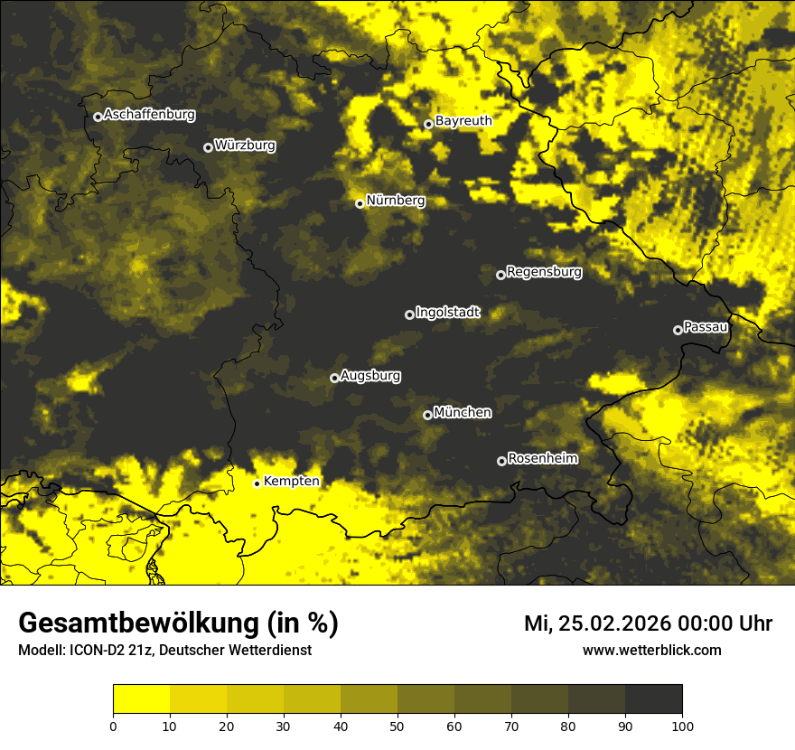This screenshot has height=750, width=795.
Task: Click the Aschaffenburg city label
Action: [149, 115]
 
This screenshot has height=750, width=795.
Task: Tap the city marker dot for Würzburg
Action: [208, 147]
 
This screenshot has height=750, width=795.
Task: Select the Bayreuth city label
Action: [463, 121]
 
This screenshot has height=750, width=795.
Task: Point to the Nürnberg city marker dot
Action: [360, 203]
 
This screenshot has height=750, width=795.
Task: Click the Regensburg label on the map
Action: [544, 272]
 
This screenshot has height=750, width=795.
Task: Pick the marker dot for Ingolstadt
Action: [409, 314]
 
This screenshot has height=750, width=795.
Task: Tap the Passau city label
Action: [706, 327]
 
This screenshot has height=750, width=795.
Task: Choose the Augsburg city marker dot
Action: [334, 378]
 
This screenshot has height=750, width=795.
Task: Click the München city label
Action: [463, 413]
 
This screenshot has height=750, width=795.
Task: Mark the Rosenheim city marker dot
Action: [501, 461]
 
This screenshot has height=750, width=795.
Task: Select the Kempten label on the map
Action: [291, 482]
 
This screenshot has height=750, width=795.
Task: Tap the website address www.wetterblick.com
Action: [652, 650]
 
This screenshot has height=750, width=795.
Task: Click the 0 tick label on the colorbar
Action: [113, 725]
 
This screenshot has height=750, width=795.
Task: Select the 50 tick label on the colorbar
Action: [397, 725]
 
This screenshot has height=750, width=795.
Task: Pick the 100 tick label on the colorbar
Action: [682, 725]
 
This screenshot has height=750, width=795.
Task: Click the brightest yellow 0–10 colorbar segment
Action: [141, 699]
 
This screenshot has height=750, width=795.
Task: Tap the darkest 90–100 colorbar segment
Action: [653, 699]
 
